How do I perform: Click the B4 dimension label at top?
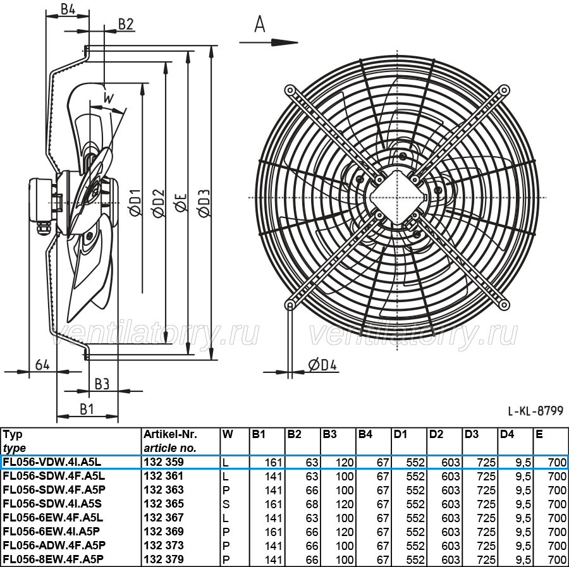click(68, 9)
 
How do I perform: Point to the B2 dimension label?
click(126, 24)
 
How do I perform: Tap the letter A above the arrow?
click(260, 25)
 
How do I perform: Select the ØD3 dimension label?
click(204, 203)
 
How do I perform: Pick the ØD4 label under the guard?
click(322, 365)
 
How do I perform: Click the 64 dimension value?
click(42, 364)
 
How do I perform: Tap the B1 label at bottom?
click(87, 409)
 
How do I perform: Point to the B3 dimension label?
click(102, 384)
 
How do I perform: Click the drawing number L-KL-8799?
click(535, 411)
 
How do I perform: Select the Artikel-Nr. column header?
click(170, 434)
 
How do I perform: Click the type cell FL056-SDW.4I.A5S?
click(52, 504)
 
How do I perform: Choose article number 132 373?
click(164, 546)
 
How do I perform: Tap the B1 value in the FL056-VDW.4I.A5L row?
click(273, 462)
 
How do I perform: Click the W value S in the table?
click(226, 504)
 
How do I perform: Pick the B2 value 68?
click(312, 504)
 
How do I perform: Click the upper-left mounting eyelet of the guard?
click(290, 90)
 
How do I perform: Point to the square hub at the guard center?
click(398, 198)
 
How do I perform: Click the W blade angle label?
click(109, 98)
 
